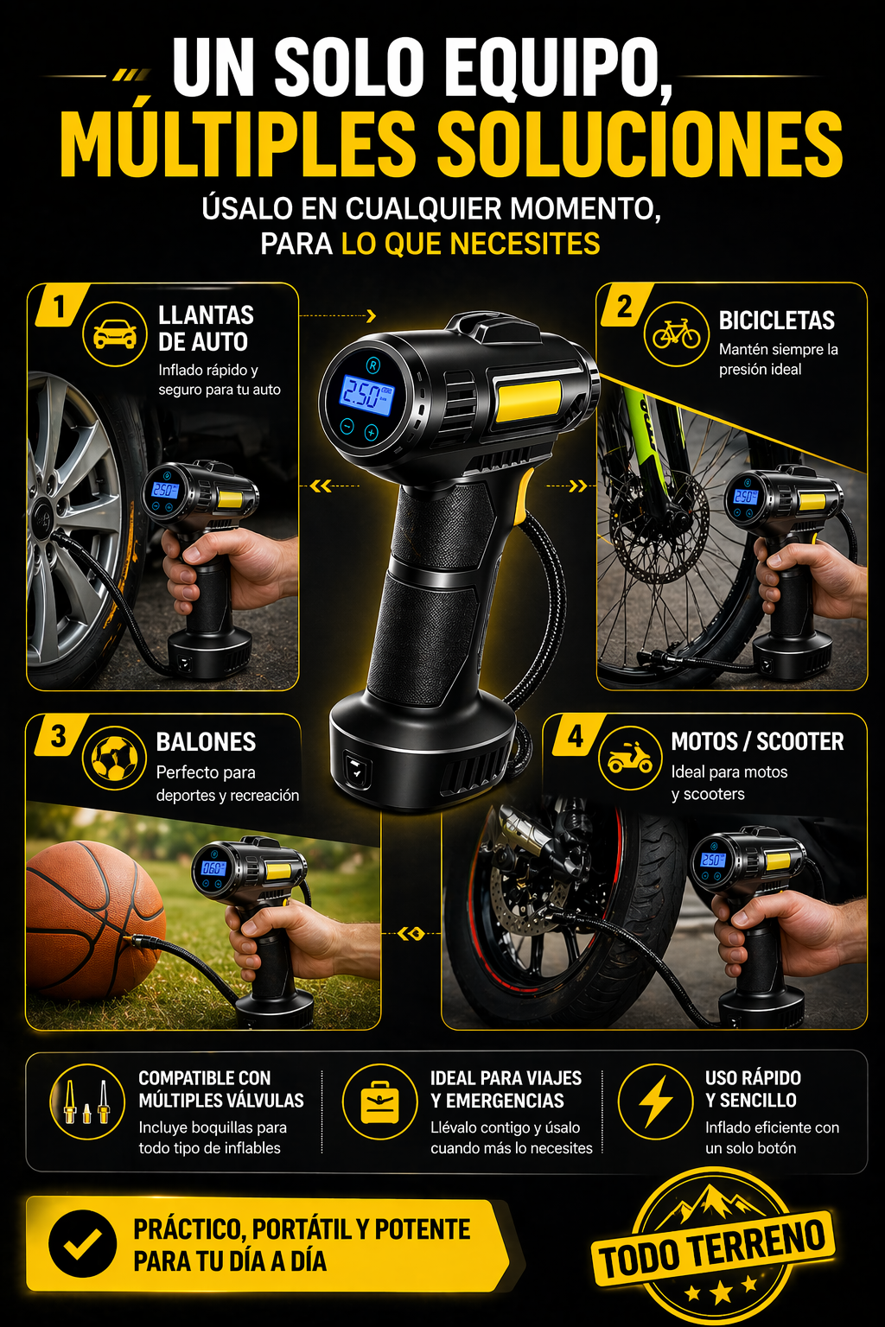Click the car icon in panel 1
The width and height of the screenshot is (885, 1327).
point(114,334)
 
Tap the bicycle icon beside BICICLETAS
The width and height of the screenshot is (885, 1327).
point(677,333)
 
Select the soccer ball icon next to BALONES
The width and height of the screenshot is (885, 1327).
point(114,758)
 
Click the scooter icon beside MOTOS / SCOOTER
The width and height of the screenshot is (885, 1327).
point(630,758)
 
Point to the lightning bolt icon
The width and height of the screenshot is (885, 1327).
point(655,1102)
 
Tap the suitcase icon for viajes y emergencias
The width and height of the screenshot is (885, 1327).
point(379,1102)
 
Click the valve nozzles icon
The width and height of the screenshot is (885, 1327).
point(86,1102)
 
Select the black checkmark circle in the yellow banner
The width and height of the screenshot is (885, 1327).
point(82,1243)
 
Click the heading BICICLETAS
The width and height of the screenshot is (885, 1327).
point(776,321)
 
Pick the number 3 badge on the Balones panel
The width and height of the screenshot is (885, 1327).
point(59,736)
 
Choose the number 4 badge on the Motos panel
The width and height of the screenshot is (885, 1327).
point(576,736)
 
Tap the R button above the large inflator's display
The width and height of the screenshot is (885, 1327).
point(372,365)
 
